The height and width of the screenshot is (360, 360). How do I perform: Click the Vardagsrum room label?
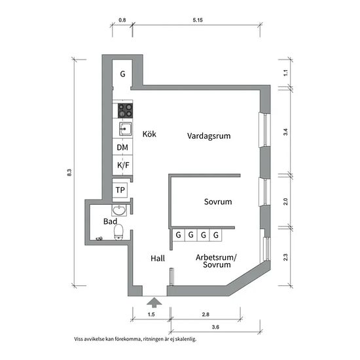pyautogui.click(x=209, y=136)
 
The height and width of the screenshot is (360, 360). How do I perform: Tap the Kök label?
pyautogui.click(x=149, y=134)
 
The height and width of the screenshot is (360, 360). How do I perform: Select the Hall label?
pyautogui.click(x=158, y=259)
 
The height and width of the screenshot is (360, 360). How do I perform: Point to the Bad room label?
pyautogui.click(x=110, y=221)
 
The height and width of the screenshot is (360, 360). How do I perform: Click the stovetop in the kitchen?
pyautogui.click(x=125, y=111)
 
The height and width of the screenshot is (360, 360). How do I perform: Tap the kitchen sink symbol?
pyautogui.click(x=126, y=129)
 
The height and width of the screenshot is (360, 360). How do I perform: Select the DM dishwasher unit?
pyautogui.click(x=122, y=147)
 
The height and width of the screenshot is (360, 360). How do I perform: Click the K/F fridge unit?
pyautogui.click(x=122, y=165)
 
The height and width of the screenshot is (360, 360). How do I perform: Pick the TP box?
pyautogui.click(x=120, y=190)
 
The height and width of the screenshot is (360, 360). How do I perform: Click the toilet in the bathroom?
pyautogui.click(x=118, y=232)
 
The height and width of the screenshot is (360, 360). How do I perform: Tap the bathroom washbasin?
pyautogui.click(x=119, y=210)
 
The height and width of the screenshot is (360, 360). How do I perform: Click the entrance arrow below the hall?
pyautogui.click(x=154, y=302)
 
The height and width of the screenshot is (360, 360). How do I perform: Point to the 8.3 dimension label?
pyautogui.click(x=69, y=172)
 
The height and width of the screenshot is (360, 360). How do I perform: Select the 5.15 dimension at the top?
pyautogui.click(x=198, y=20)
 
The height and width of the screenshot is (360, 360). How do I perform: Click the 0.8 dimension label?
pyautogui.click(x=122, y=20)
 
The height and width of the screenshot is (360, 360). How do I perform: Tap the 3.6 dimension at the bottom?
pyautogui.click(x=215, y=327)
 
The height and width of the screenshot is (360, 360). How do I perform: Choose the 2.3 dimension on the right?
pyautogui.click(x=285, y=257)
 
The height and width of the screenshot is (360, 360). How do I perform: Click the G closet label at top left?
pyautogui.click(x=122, y=74)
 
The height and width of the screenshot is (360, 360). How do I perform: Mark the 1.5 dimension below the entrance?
pyautogui.click(x=151, y=315)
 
